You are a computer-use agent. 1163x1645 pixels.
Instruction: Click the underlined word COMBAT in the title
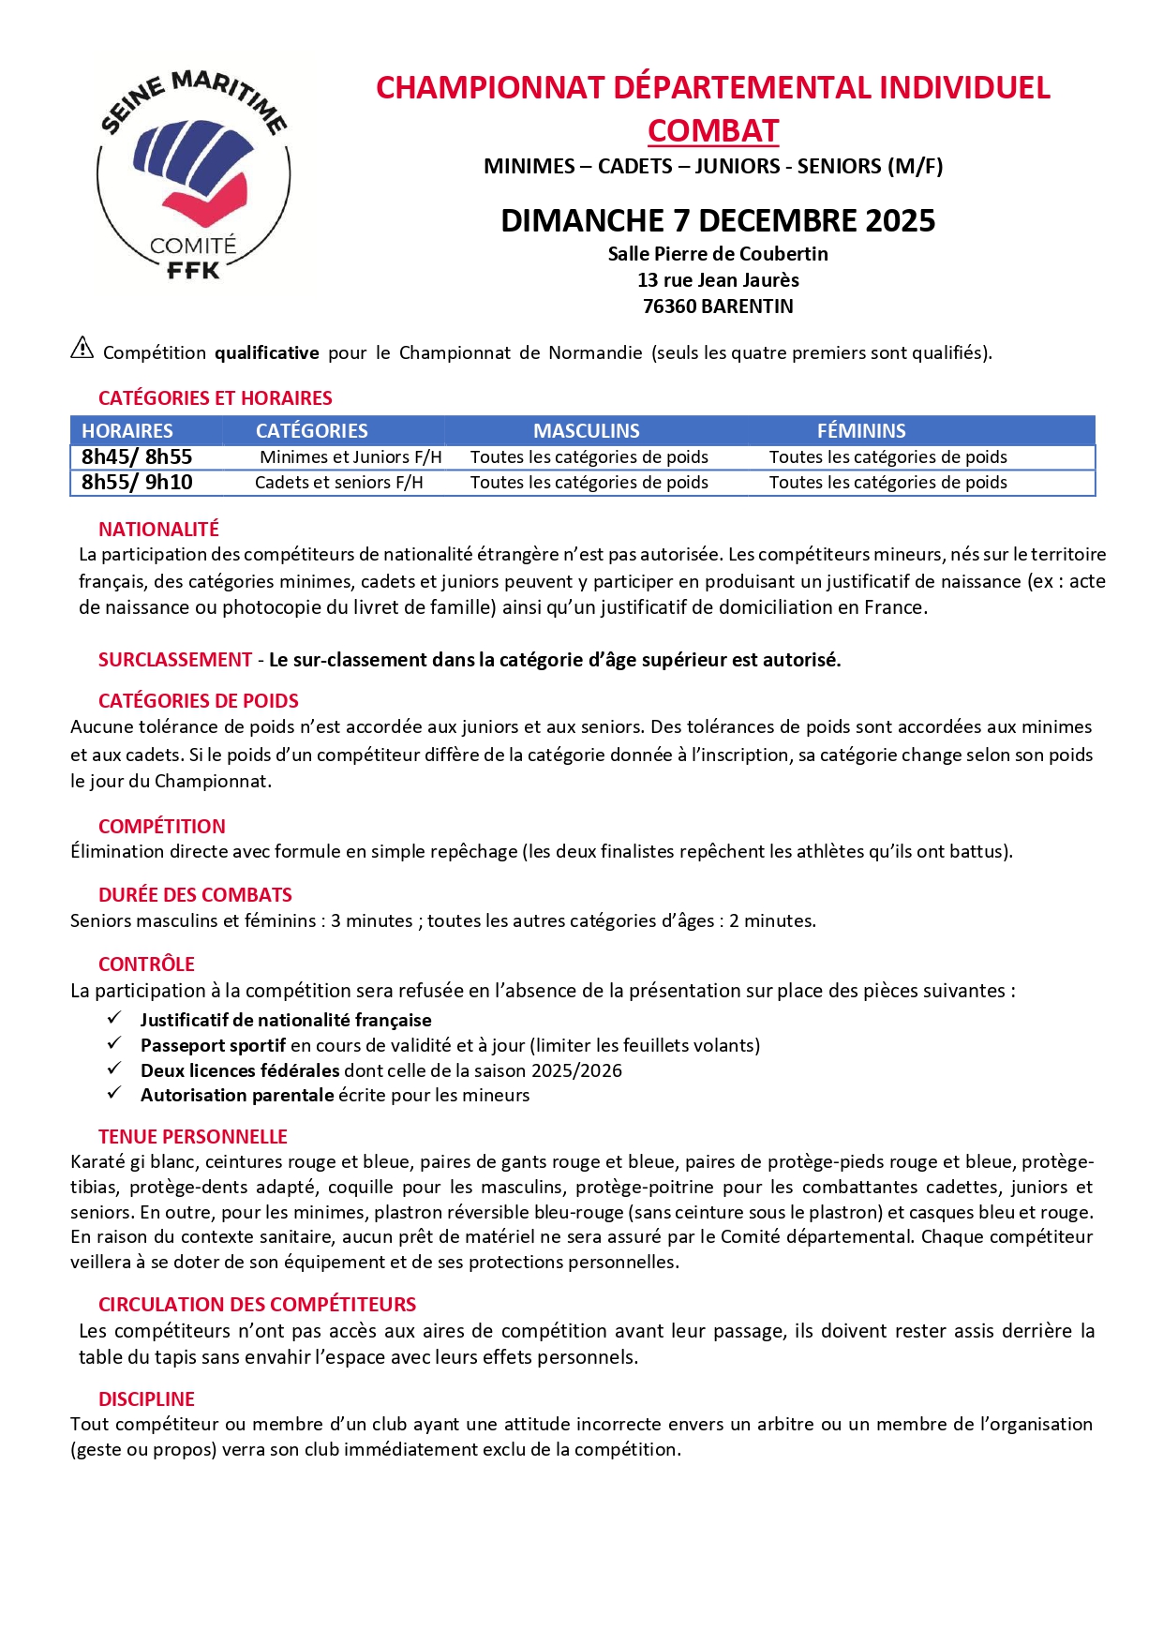[713, 131]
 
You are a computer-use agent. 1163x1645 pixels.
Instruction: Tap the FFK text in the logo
[193, 271]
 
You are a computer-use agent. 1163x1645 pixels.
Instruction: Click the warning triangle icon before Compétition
[82, 349]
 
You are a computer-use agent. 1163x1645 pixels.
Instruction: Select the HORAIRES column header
[127, 431]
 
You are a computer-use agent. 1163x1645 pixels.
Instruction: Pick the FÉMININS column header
[861, 431]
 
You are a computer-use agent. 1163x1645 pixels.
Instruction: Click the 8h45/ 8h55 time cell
[137, 457]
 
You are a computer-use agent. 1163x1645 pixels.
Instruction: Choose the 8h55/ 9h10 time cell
[137, 483]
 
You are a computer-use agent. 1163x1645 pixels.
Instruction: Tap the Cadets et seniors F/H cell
[339, 483]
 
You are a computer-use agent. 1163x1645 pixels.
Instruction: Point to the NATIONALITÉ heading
[158, 530]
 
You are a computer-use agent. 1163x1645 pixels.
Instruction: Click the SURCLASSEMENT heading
[175, 660]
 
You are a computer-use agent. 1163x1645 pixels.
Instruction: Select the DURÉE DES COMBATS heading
[195, 895]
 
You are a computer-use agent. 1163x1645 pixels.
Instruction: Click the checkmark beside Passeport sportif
[114, 1043]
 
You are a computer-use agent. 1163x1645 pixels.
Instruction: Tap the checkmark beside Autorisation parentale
[114, 1093]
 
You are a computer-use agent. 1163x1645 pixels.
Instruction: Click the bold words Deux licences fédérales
[240, 1070]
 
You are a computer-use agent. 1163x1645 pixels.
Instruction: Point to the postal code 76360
[669, 307]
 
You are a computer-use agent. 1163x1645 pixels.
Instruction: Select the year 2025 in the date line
[901, 221]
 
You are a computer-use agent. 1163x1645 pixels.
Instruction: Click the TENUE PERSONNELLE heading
[193, 1137]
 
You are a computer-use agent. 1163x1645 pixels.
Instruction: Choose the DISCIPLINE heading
[146, 1399]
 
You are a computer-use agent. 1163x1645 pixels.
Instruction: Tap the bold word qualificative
[267, 353]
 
